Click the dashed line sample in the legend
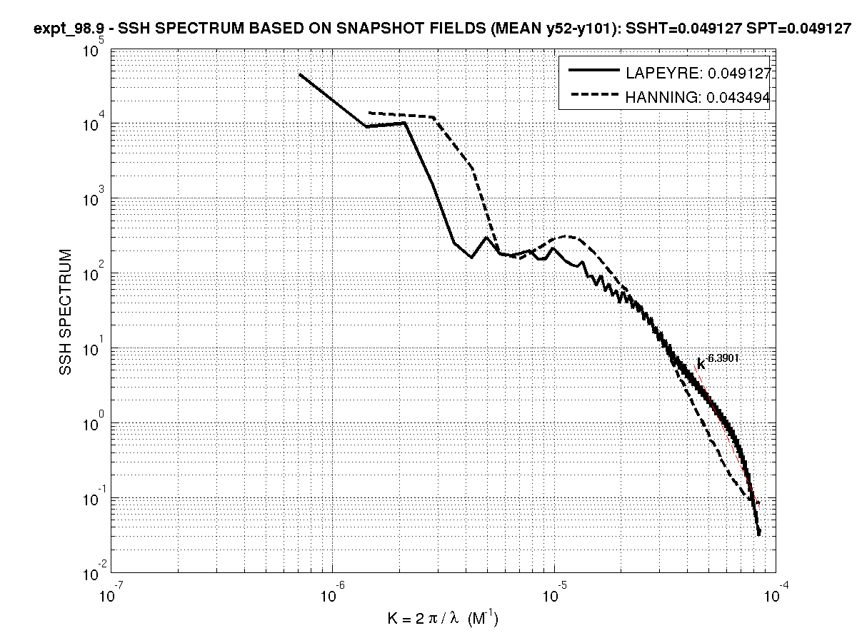pos(593,98)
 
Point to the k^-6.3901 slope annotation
pos(717,360)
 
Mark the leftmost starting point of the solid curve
pos(300,74)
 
